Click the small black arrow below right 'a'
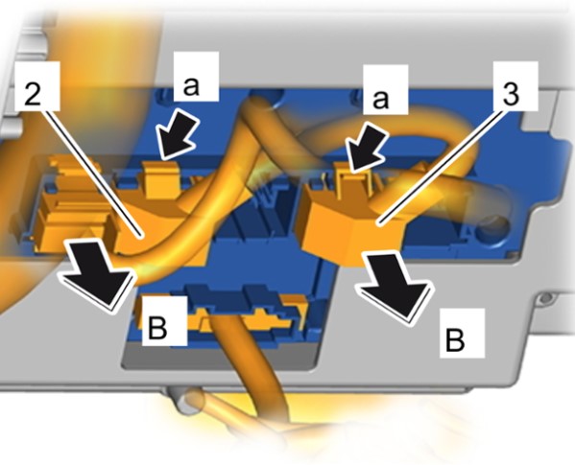click(x=367, y=149)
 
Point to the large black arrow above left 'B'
click(x=97, y=275)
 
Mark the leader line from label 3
click(x=439, y=166)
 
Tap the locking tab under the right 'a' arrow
click(x=354, y=182)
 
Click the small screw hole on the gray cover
click(x=546, y=298)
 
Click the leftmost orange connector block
click(x=73, y=212)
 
